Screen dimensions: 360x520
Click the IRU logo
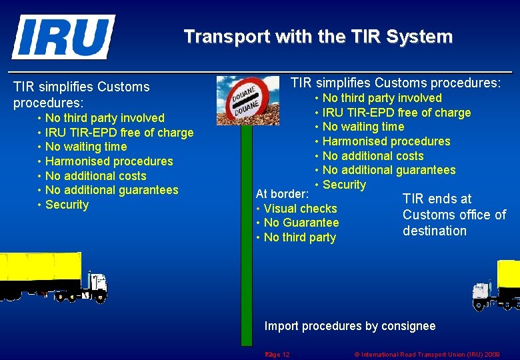[63, 37]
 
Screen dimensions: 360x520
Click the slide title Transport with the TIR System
[318, 37]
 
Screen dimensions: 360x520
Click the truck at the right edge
[497, 285]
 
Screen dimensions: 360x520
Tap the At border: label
[282, 194]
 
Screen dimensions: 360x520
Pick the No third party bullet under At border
[299, 237]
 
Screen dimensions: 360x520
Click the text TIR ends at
[437, 199]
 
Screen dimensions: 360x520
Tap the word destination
[435, 231]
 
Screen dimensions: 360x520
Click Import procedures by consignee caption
[350, 326]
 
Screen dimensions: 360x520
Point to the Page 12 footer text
[277, 354]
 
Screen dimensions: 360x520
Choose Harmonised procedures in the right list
[386, 141]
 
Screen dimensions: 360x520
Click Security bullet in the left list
[67, 205]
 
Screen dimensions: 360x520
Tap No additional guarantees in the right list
[389, 170]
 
